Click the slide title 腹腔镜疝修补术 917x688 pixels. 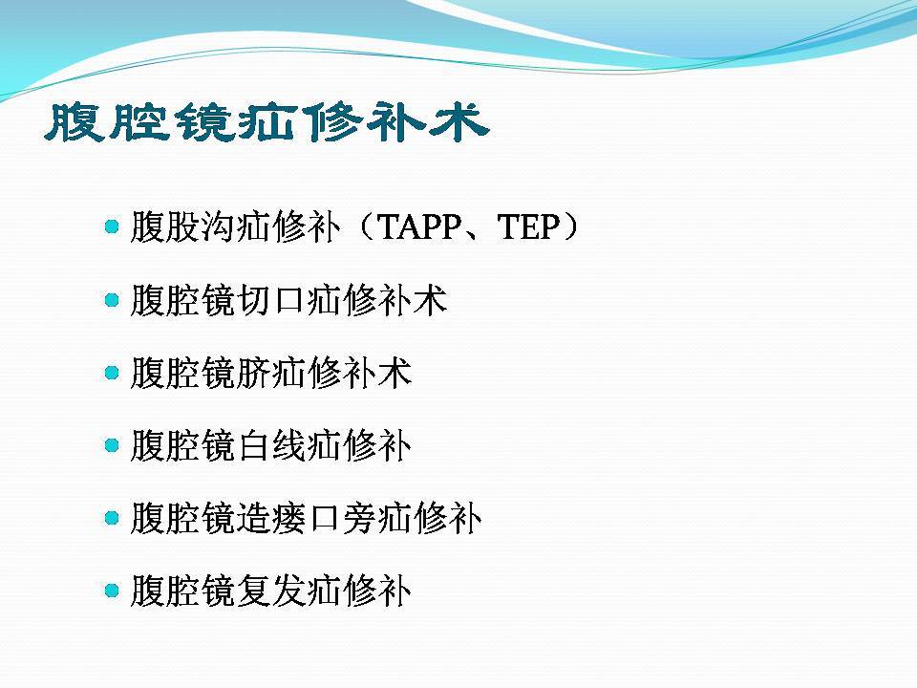[267, 122]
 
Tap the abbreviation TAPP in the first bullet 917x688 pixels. [419, 226]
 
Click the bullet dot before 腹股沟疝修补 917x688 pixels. [112, 226]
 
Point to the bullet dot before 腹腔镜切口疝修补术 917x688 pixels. [112, 299]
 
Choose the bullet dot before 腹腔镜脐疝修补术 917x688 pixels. [112, 373]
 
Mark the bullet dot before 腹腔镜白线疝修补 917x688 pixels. [112, 445]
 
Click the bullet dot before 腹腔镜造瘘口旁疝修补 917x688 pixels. [112, 518]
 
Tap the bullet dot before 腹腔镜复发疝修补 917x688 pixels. [112, 591]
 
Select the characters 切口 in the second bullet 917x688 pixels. [270, 299]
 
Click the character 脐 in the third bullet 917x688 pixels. [253, 373]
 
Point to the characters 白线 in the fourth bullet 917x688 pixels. [270, 445]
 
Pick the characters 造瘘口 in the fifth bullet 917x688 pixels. [288, 518]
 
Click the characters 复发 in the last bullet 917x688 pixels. [270, 591]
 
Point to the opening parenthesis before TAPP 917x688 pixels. [366, 226]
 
